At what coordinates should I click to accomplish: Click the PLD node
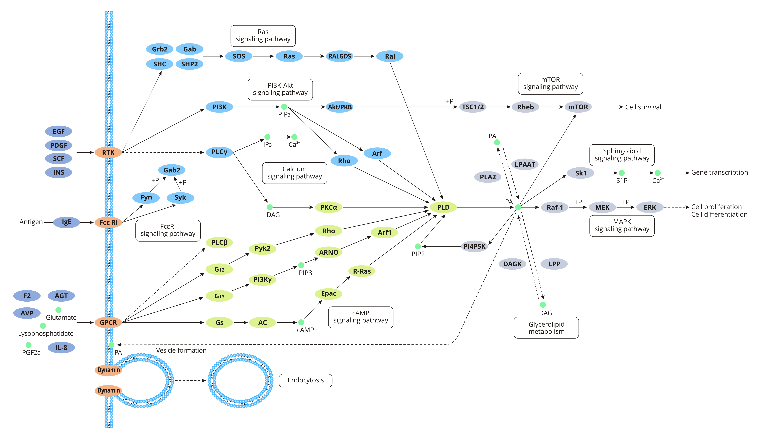[443, 207]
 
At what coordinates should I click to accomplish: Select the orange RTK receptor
[108, 153]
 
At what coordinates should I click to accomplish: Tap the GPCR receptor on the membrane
[108, 323]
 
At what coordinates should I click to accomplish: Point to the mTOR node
[578, 107]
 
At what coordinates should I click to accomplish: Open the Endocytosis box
[305, 381]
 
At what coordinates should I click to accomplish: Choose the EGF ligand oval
[58, 131]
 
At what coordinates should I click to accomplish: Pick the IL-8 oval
[61, 348]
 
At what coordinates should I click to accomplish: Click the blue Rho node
[344, 161]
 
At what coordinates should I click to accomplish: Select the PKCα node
[328, 207]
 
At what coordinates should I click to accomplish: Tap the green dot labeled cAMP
[301, 322]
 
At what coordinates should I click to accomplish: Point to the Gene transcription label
[719, 172]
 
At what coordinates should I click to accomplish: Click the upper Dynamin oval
[108, 370]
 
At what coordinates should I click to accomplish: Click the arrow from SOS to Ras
[263, 56]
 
